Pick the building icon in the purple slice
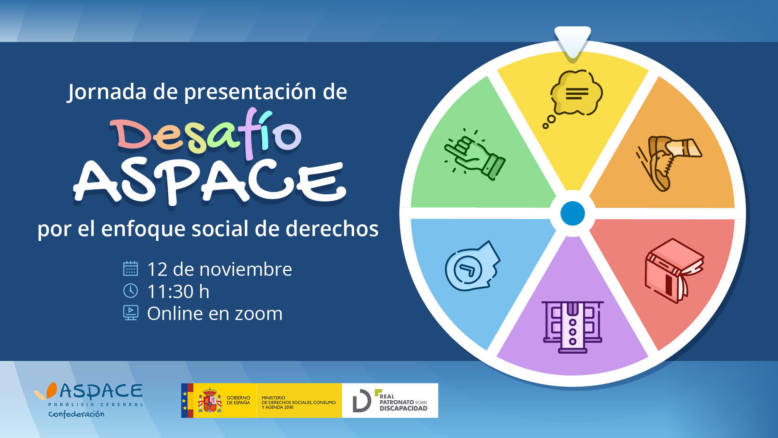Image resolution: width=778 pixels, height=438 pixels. coord(573,327)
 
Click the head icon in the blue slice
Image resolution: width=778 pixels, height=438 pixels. coord(472,266)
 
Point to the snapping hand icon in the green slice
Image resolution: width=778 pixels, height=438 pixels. coord(474,155)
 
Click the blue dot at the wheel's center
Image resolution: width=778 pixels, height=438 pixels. coord(573,213)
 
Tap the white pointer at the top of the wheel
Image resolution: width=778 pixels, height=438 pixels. coord(573,42)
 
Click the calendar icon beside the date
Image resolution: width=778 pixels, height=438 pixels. coord(130,268)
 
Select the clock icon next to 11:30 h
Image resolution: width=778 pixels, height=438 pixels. coord(130,291)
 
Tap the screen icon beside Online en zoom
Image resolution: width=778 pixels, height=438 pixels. coord(130,313)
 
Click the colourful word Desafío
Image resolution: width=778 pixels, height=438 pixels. coord(206,134)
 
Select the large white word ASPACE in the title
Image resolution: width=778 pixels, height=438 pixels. coord(209,181)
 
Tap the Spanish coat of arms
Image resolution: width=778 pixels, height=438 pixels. coord(209,400)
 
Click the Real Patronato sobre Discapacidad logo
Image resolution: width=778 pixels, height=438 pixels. coord(390,400)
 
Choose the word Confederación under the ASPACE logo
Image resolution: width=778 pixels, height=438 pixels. coord(76,414)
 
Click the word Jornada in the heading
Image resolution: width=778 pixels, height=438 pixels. coord(107,92)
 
